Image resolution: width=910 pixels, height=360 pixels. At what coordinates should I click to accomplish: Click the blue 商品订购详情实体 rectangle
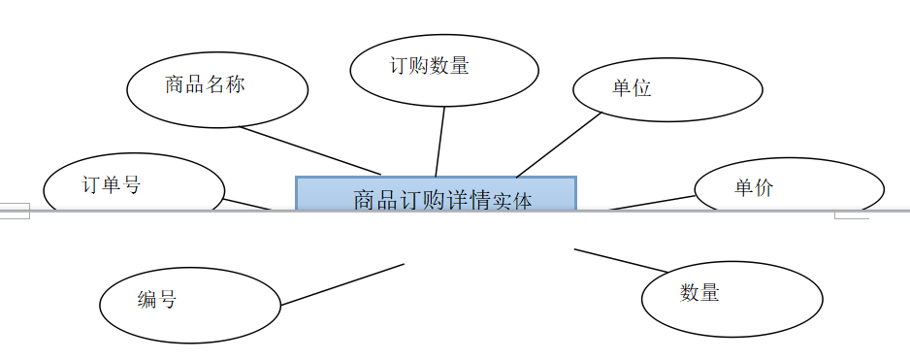(436, 193)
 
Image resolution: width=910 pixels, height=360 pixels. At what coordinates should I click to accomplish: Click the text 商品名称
(205, 84)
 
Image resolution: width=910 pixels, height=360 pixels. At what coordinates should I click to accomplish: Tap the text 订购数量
(429, 66)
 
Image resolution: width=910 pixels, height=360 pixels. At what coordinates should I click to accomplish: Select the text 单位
(632, 88)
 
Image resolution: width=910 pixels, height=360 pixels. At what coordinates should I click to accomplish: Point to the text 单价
(754, 187)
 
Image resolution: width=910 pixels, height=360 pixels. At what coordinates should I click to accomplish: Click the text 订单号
(112, 184)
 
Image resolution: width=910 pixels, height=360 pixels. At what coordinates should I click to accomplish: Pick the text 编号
(157, 300)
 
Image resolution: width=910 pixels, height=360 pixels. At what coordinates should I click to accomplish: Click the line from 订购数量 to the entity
(440, 142)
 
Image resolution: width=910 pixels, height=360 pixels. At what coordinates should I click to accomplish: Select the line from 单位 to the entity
(559, 146)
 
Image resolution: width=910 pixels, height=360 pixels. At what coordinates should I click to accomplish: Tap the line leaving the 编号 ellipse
(342, 284)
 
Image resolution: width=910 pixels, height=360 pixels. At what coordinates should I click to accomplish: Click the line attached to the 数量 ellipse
(621, 260)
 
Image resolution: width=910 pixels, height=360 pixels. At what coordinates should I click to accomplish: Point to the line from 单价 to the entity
(652, 203)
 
